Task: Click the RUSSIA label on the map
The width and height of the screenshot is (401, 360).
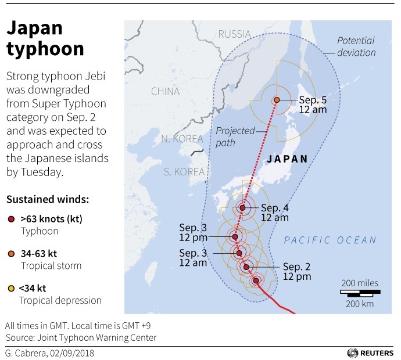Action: point(234,35)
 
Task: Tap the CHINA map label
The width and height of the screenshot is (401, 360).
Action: point(165,91)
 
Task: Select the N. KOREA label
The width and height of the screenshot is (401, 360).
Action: point(182,139)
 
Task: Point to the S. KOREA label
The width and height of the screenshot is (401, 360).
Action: point(184,172)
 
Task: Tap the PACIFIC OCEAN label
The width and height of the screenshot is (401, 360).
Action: point(330,240)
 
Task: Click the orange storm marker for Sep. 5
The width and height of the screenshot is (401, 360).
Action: point(277,100)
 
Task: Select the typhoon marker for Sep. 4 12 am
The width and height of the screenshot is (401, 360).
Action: point(242,208)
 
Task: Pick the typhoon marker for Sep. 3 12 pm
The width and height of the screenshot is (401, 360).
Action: point(235,237)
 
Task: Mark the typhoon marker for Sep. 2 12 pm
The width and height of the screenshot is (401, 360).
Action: point(246,267)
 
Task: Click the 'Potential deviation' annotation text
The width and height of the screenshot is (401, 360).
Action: point(356,47)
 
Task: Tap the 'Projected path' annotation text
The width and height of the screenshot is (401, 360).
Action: point(235,136)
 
